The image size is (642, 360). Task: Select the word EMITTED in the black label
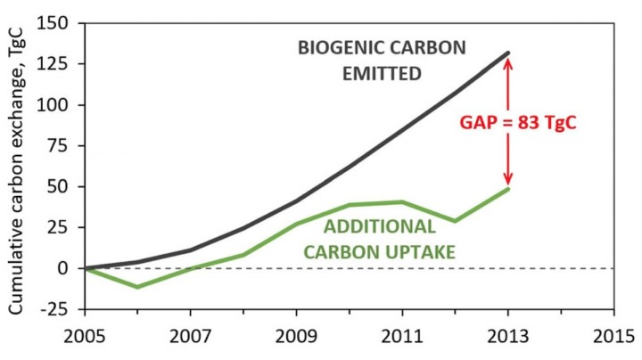click(382, 75)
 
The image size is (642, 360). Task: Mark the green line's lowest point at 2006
click(137, 287)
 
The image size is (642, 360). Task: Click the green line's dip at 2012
click(455, 221)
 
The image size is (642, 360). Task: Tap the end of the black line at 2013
click(507, 53)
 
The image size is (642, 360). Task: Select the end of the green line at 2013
click(507, 188)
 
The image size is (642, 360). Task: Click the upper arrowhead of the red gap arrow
click(507, 61)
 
